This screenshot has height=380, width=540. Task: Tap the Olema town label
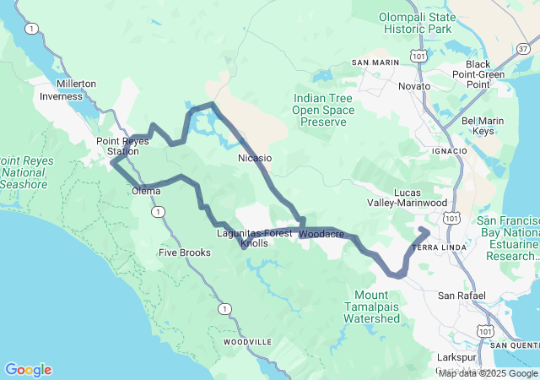pos(146,191)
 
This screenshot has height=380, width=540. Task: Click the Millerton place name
pos(77,84)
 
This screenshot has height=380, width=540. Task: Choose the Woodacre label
pos(321,233)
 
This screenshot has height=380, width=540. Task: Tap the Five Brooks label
pos(185,252)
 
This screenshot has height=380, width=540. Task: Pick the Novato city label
pos(414,86)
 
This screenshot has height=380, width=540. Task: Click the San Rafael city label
pos(462,296)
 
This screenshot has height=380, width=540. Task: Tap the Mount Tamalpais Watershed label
pos(371,307)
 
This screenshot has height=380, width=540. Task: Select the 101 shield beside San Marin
pos(418,55)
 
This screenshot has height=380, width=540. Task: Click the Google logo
pos(28,370)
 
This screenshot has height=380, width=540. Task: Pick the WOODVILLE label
pos(247,342)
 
